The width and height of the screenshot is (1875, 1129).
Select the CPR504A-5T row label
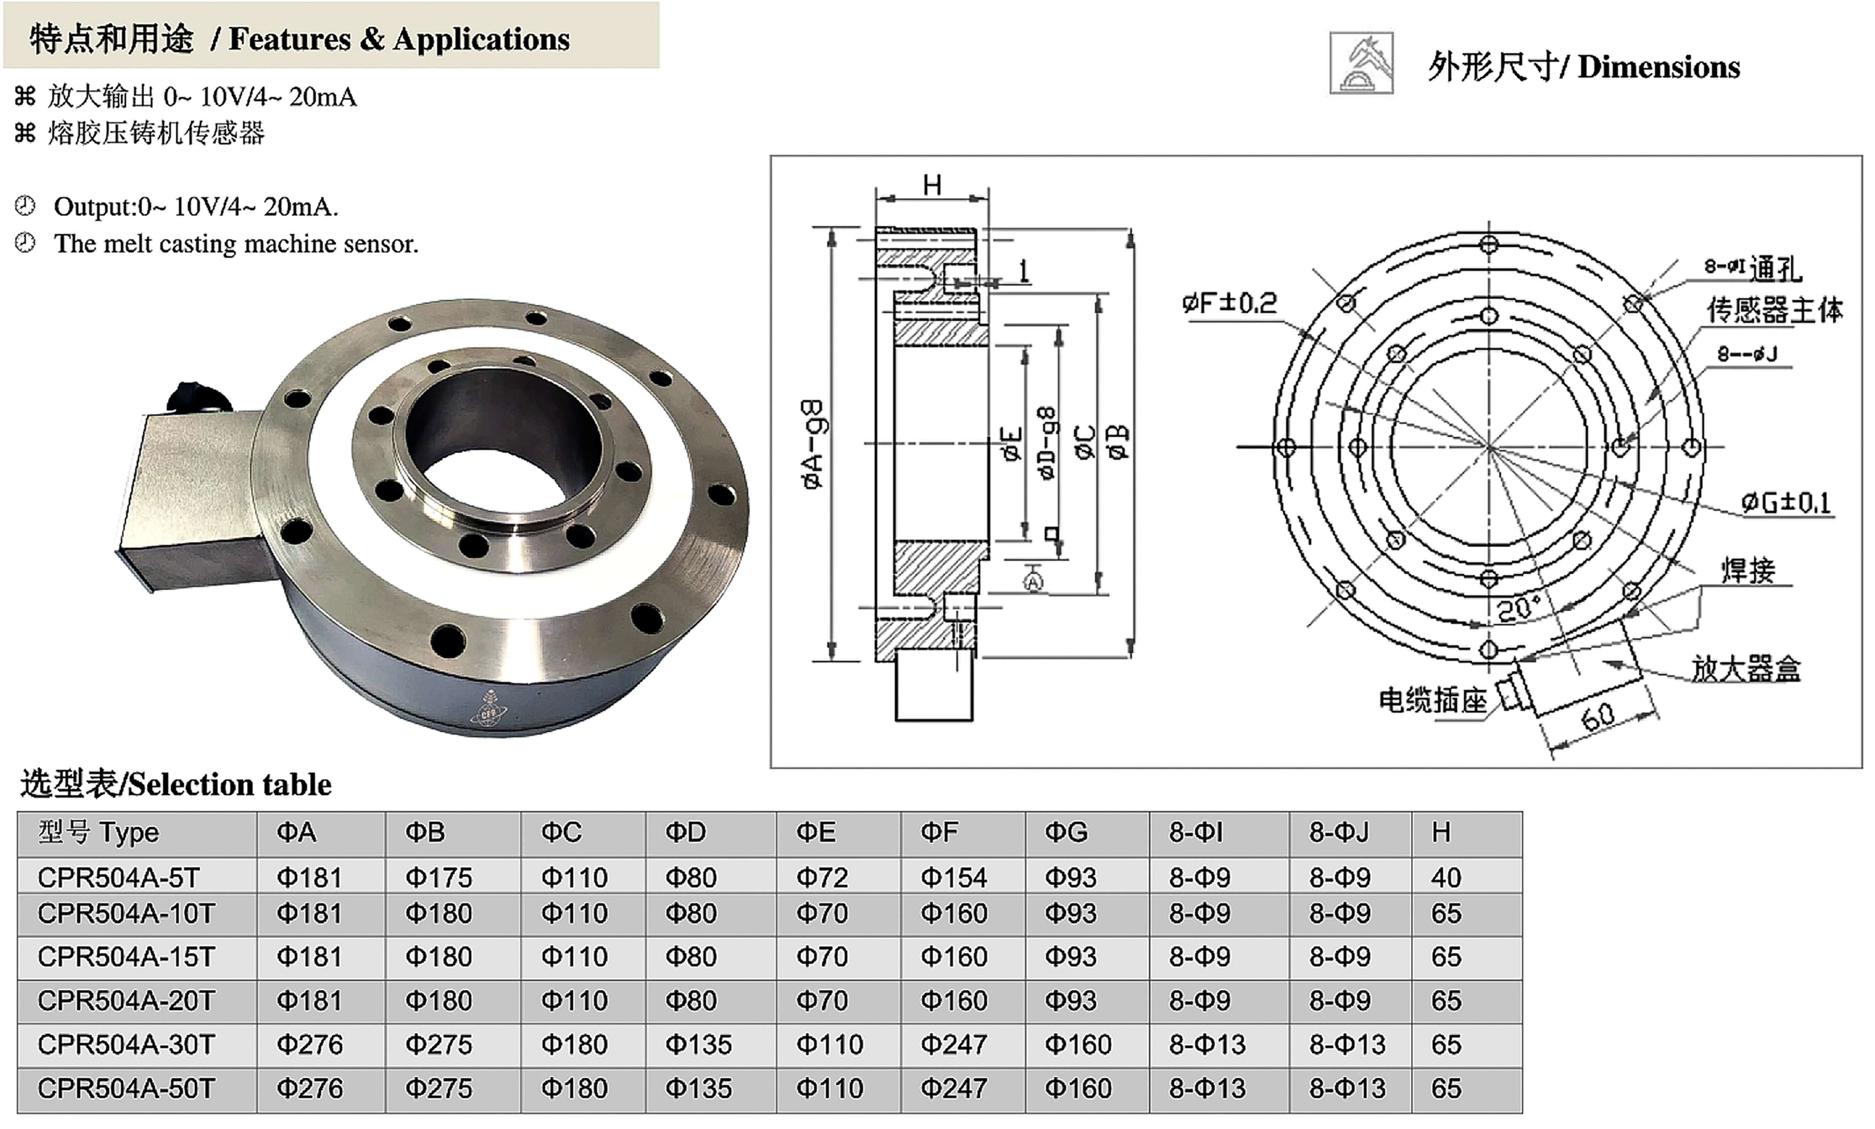(x=118, y=877)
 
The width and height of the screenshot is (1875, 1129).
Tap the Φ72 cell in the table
(x=822, y=877)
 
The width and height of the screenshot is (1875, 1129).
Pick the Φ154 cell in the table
(x=954, y=877)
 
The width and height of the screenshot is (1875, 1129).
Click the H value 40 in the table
(x=1446, y=877)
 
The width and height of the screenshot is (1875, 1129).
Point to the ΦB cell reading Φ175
(x=438, y=877)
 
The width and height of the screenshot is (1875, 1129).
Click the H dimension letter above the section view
(x=932, y=185)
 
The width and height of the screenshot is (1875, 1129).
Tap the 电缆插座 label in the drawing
(x=1432, y=701)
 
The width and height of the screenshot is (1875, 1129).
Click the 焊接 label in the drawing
(x=1748, y=570)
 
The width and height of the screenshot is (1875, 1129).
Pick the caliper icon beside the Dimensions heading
(x=1361, y=63)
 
